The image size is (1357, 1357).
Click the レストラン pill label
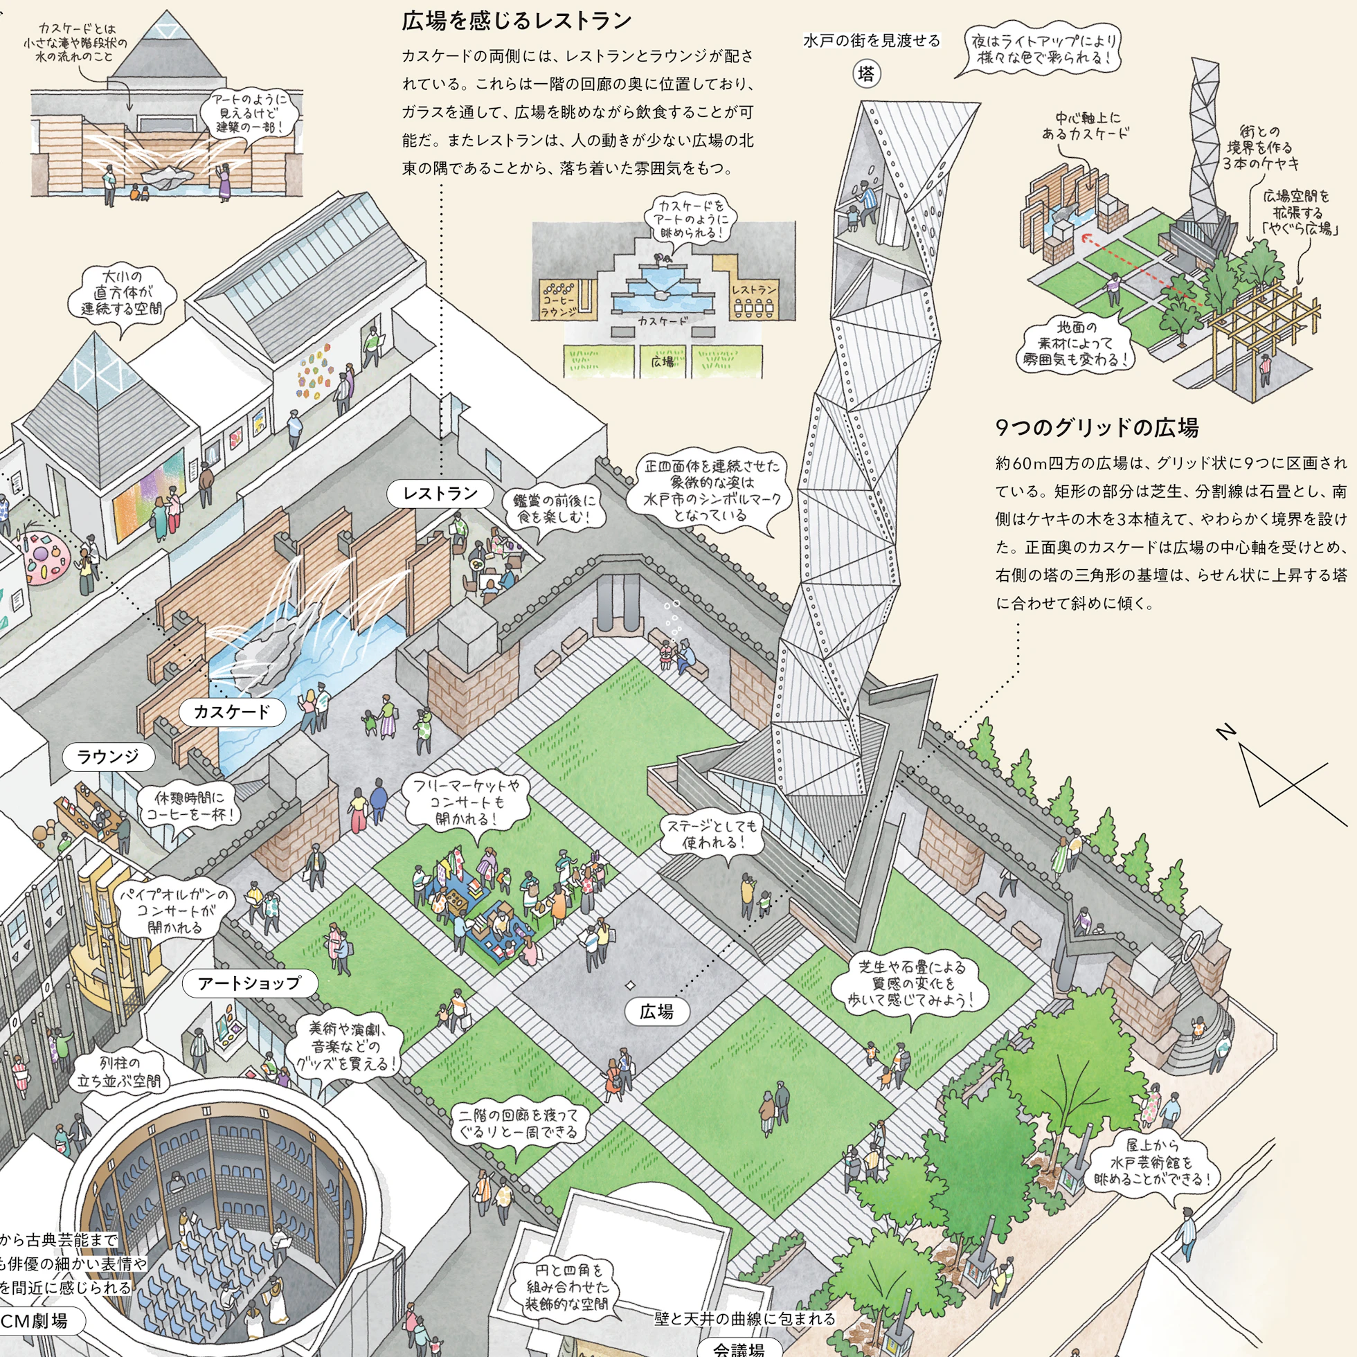tap(440, 494)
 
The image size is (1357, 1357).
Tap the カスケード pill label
tap(232, 712)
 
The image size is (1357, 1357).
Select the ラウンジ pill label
tap(108, 757)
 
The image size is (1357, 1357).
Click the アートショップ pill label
tap(250, 983)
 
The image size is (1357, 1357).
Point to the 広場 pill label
tap(656, 1012)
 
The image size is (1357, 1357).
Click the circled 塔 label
tap(868, 74)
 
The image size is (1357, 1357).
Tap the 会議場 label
tap(739, 1347)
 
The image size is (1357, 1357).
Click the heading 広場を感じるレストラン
tap(517, 21)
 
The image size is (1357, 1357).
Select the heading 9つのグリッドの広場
tap(1097, 427)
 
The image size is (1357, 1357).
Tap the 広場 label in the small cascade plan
tap(663, 361)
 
